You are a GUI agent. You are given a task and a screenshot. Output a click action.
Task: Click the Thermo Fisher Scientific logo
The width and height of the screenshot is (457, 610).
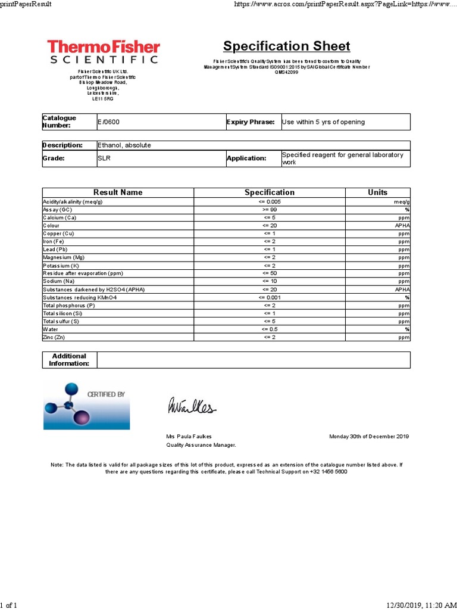103,52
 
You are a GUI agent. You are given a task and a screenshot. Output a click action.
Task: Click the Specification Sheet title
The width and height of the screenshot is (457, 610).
286,46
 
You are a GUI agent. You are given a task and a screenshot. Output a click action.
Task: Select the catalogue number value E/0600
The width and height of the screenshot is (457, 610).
108,122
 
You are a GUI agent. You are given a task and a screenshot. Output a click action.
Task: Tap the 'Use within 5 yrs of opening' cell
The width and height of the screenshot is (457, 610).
323,122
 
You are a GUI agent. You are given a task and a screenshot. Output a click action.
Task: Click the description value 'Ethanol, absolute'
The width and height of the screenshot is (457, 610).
124,145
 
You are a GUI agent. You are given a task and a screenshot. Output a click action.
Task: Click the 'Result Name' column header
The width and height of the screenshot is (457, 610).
118,192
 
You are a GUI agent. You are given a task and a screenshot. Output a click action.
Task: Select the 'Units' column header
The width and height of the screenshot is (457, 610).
377,192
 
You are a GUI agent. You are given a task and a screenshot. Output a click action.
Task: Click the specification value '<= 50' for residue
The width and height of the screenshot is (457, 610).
270,273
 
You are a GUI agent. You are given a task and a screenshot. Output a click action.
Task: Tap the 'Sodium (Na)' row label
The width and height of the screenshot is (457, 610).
59,281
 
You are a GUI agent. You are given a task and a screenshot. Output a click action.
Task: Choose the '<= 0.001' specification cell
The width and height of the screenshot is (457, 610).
270,297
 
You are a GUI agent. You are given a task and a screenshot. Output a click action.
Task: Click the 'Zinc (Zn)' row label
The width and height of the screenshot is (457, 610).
54,337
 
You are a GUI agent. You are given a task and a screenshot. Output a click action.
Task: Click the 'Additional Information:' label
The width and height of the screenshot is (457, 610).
69,360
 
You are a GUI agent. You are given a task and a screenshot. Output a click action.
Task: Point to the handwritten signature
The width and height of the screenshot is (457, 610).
191,407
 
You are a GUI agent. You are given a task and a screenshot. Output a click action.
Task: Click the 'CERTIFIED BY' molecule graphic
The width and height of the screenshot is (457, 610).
86,406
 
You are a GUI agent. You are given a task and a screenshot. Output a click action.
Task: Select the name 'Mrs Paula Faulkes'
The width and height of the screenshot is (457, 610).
189,437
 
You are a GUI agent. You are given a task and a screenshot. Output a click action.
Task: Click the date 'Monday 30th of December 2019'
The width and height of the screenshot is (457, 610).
369,437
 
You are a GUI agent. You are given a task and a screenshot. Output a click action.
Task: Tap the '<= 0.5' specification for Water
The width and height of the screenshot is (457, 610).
270,329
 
